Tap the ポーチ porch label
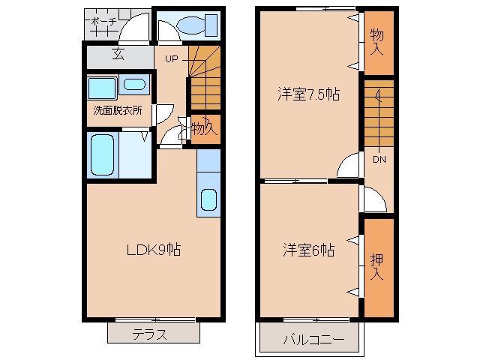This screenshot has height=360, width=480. coord(104,22)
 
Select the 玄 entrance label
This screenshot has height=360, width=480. coord(118,54)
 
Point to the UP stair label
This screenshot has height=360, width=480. coord(172,58)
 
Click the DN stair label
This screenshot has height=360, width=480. coord(379,159)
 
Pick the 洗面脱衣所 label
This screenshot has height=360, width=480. coord(118,110)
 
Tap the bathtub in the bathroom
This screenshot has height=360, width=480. coord(103,155)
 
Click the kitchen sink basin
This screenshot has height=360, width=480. coord(208,199)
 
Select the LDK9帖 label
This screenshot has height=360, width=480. coord(154,250)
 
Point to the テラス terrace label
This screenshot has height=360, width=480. coord(150,334)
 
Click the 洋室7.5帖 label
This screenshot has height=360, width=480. coord(308,94)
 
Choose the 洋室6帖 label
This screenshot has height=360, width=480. coord(308,250)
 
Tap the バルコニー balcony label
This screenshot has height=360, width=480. coord(313,340)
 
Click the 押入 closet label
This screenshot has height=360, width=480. coord(376,266)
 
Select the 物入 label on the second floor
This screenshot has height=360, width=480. coord(376,42)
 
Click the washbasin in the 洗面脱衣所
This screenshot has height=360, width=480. coord(134,84)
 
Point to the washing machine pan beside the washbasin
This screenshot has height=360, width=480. coord(102,88)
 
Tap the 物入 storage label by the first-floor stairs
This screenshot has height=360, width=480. coord(204,128)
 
